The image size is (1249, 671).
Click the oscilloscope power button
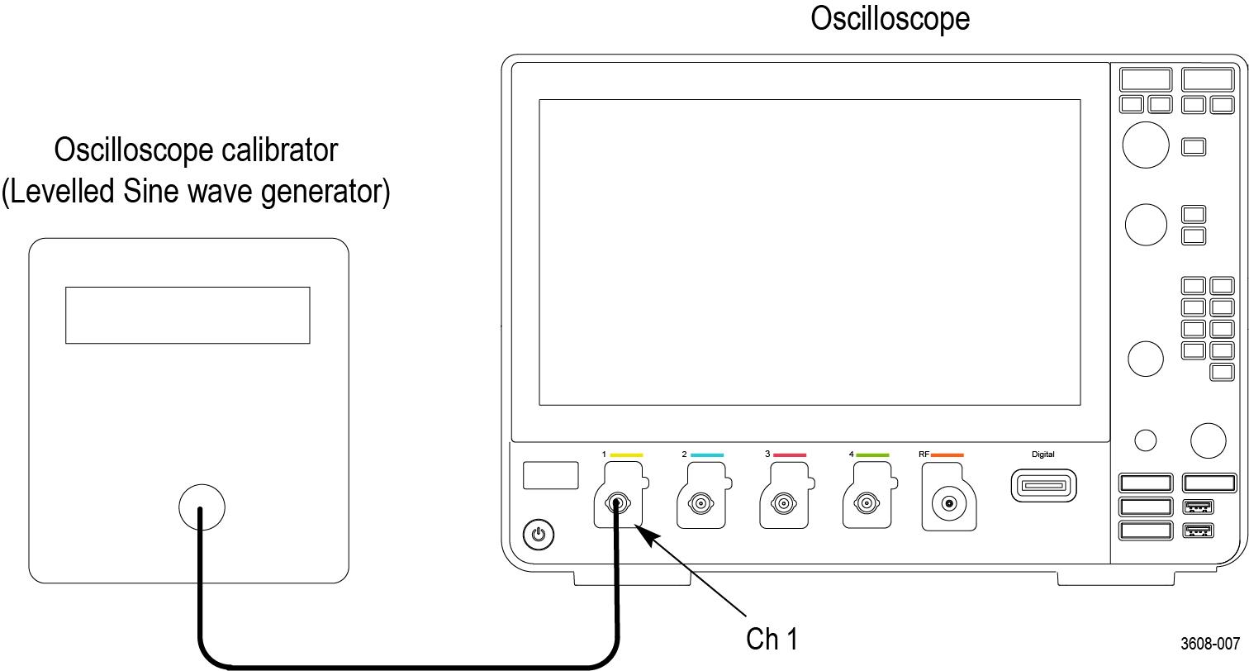[x=539, y=535]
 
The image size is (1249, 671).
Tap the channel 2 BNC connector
[x=700, y=502]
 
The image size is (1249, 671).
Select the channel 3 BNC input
[x=783, y=502]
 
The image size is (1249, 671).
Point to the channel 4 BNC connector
[x=866, y=502]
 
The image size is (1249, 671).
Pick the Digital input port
[x=1043, y=485]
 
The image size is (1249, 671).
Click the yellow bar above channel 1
[x=626, y=454]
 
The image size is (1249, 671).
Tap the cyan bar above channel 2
[x=707, y=454]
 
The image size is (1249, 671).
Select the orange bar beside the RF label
[x=947, y=454]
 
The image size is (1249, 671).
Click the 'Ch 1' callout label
[x=772, y=639]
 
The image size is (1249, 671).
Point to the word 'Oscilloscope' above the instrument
[x=890, y=18]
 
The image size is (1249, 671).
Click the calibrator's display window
[x=188, y=315]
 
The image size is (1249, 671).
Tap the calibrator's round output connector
[x=202, y=507]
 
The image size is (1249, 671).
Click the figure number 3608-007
[x=1209, y=644]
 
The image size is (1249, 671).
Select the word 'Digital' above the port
[x=1043, y=454]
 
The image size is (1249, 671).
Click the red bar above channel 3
[x=790, y=454]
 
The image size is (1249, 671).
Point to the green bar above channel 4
[x=872, y=454]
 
